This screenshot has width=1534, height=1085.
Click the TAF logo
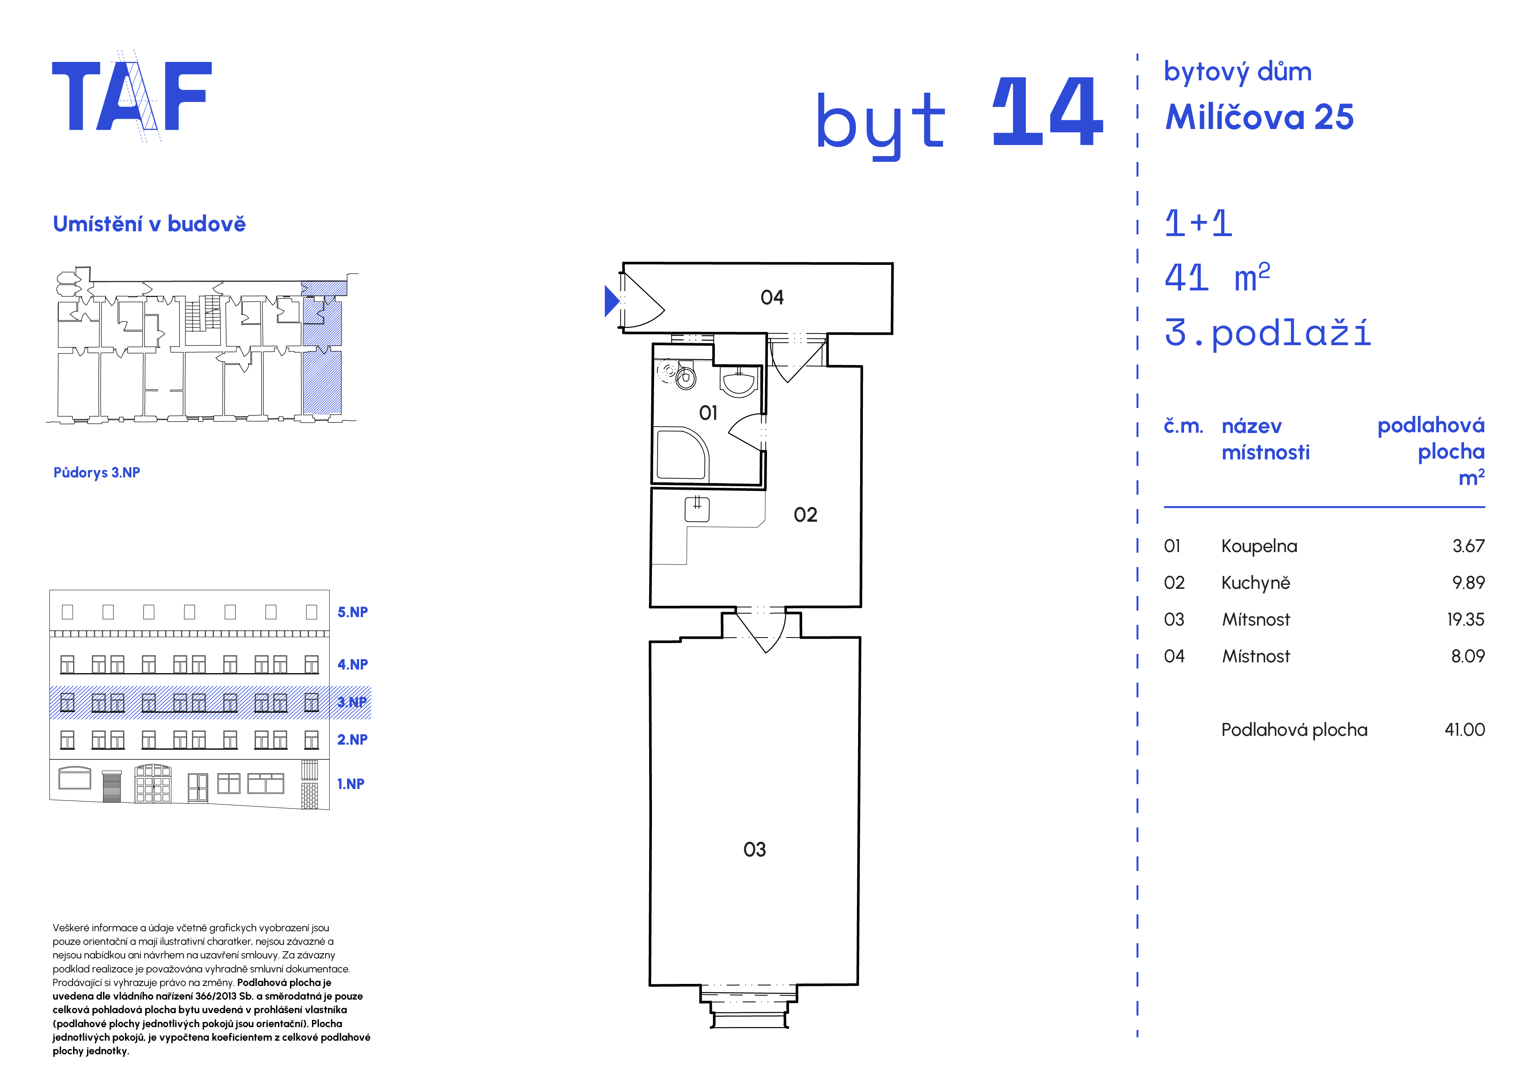coord(131,95)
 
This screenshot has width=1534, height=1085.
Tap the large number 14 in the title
coord(1047,111)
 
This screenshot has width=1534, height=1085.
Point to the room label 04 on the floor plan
coord(772,297)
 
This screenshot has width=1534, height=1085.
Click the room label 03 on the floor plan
coord(754,849)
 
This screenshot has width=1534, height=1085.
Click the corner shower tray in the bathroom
coord(682,454)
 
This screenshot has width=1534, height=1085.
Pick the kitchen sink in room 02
coord(697,509)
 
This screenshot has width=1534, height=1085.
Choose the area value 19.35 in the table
coord(1465,619)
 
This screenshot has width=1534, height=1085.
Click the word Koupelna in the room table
coord(1259,546)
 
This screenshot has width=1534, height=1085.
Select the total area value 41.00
coord(1464,729)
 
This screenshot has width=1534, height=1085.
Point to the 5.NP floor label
coord(352,612)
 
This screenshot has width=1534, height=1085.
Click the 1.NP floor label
coord(351,784)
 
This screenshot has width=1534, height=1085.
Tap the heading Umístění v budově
coord(149,224)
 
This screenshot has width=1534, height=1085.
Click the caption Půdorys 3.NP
coord(97,472)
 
